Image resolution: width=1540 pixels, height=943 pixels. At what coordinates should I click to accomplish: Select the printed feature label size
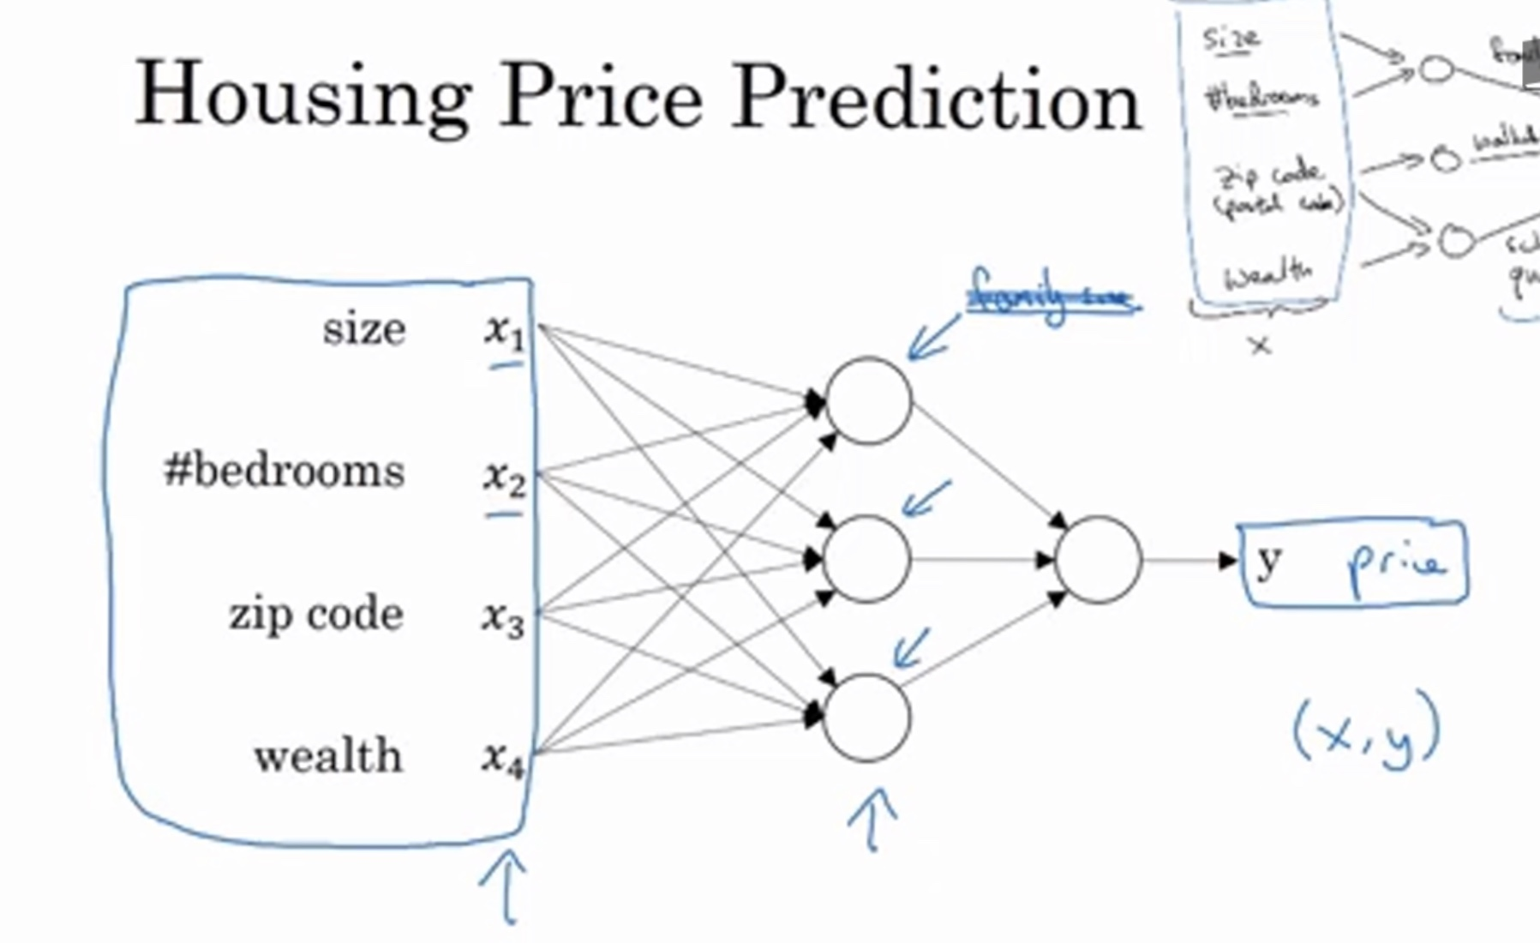364,329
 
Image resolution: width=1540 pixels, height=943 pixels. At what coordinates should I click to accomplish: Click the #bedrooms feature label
285,471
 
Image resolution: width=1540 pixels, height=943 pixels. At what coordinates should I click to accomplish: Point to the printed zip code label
315,615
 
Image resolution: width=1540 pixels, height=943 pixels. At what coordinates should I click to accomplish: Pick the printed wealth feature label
328,756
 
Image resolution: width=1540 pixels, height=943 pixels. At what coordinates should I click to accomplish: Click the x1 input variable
504,331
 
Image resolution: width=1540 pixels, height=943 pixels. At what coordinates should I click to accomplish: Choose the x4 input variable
502,760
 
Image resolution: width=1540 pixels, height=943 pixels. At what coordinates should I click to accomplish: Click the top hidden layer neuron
868,400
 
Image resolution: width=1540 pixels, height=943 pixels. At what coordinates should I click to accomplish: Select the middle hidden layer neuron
866,559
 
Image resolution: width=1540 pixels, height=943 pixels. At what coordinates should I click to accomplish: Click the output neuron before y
1099,560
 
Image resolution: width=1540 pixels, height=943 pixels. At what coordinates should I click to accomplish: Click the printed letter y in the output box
1269,562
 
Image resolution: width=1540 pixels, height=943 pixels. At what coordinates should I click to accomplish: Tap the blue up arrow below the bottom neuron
872,819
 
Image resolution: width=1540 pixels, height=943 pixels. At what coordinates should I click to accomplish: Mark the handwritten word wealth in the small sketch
1268,274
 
